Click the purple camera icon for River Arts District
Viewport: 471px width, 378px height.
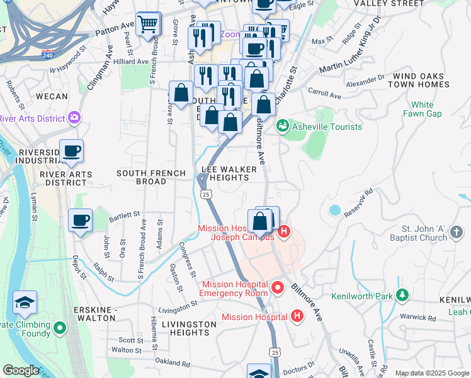(74, 118)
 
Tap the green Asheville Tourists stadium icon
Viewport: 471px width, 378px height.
(282, 127)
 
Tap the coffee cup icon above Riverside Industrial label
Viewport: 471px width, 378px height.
(71, 152)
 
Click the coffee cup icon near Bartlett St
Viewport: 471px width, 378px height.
(80, 221)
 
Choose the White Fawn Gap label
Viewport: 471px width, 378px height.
(422, 109)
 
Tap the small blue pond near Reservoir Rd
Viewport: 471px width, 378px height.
(334, 209)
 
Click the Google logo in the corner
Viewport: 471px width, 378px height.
(21, 370)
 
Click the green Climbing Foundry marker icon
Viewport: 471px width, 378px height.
(60, 327)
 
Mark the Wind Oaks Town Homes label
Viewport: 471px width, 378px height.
(420, 80)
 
